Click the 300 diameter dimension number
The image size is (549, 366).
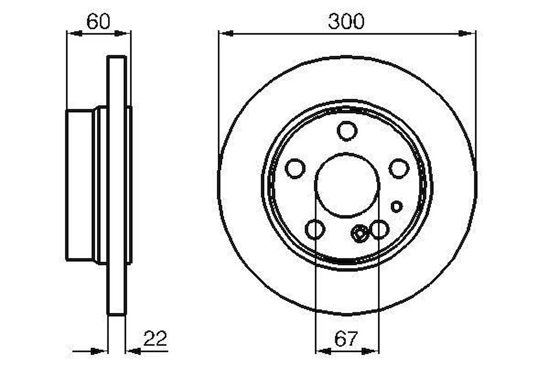point(346,21)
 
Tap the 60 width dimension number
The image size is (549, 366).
point(98,21)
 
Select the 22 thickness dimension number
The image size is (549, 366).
point(155,339)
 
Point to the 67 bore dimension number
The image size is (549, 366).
point(346,339)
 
